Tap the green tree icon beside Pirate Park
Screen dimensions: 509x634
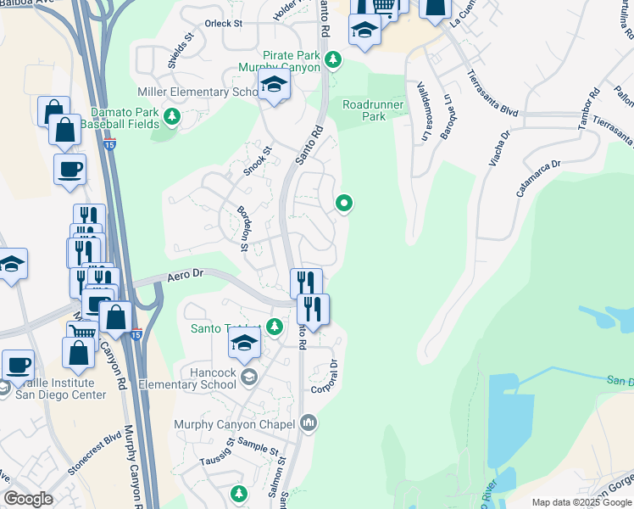point(334,59)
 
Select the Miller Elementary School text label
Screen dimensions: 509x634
point(197,92)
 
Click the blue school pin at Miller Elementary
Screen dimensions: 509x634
point(274,86)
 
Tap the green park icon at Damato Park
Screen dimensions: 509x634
point(173,115)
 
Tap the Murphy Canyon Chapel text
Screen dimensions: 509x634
point(234,424)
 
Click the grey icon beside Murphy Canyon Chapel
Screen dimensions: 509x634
point(309,422)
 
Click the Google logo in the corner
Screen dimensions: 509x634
point(29,499)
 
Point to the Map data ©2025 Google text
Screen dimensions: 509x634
point(581,502)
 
